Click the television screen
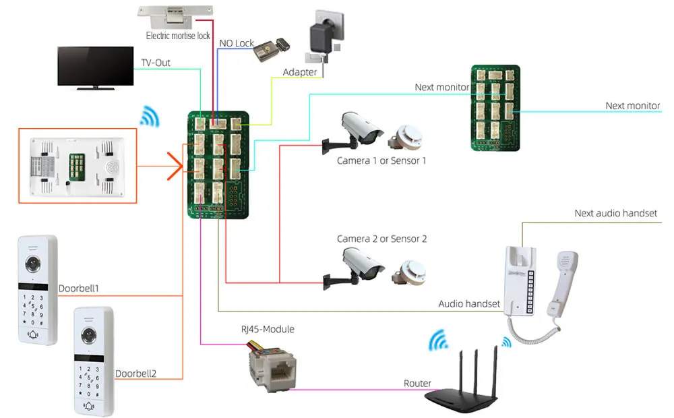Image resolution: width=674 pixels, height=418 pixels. tap(96, 66)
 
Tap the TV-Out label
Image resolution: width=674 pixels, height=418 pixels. tap(156, 63)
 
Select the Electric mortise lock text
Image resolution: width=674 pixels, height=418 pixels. tap(178, 36)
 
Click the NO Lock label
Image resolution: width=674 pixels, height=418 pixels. tap(237, 43)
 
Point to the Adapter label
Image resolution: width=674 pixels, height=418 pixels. tap(300, 72)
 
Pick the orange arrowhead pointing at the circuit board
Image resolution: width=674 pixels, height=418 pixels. tap(175, 166)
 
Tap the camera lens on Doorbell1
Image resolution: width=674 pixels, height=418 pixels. tap(33, 264)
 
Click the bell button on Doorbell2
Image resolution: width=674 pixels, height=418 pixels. tap(89, 405)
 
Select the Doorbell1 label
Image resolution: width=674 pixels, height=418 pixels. tap(79, 289)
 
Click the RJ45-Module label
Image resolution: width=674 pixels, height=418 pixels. tap(268, 330)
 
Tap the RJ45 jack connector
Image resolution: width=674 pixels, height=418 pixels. tap(272, 367)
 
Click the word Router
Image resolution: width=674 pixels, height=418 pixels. tap(417, 383)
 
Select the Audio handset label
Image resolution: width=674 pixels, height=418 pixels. tap(469, 304)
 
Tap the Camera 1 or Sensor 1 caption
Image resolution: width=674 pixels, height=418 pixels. tap(381, 161)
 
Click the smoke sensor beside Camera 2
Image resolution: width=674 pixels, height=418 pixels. tap(409, 273)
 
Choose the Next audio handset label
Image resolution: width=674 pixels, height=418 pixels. tap(615, 213)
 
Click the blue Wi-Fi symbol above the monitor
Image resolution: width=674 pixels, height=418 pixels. tap(150, 116)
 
